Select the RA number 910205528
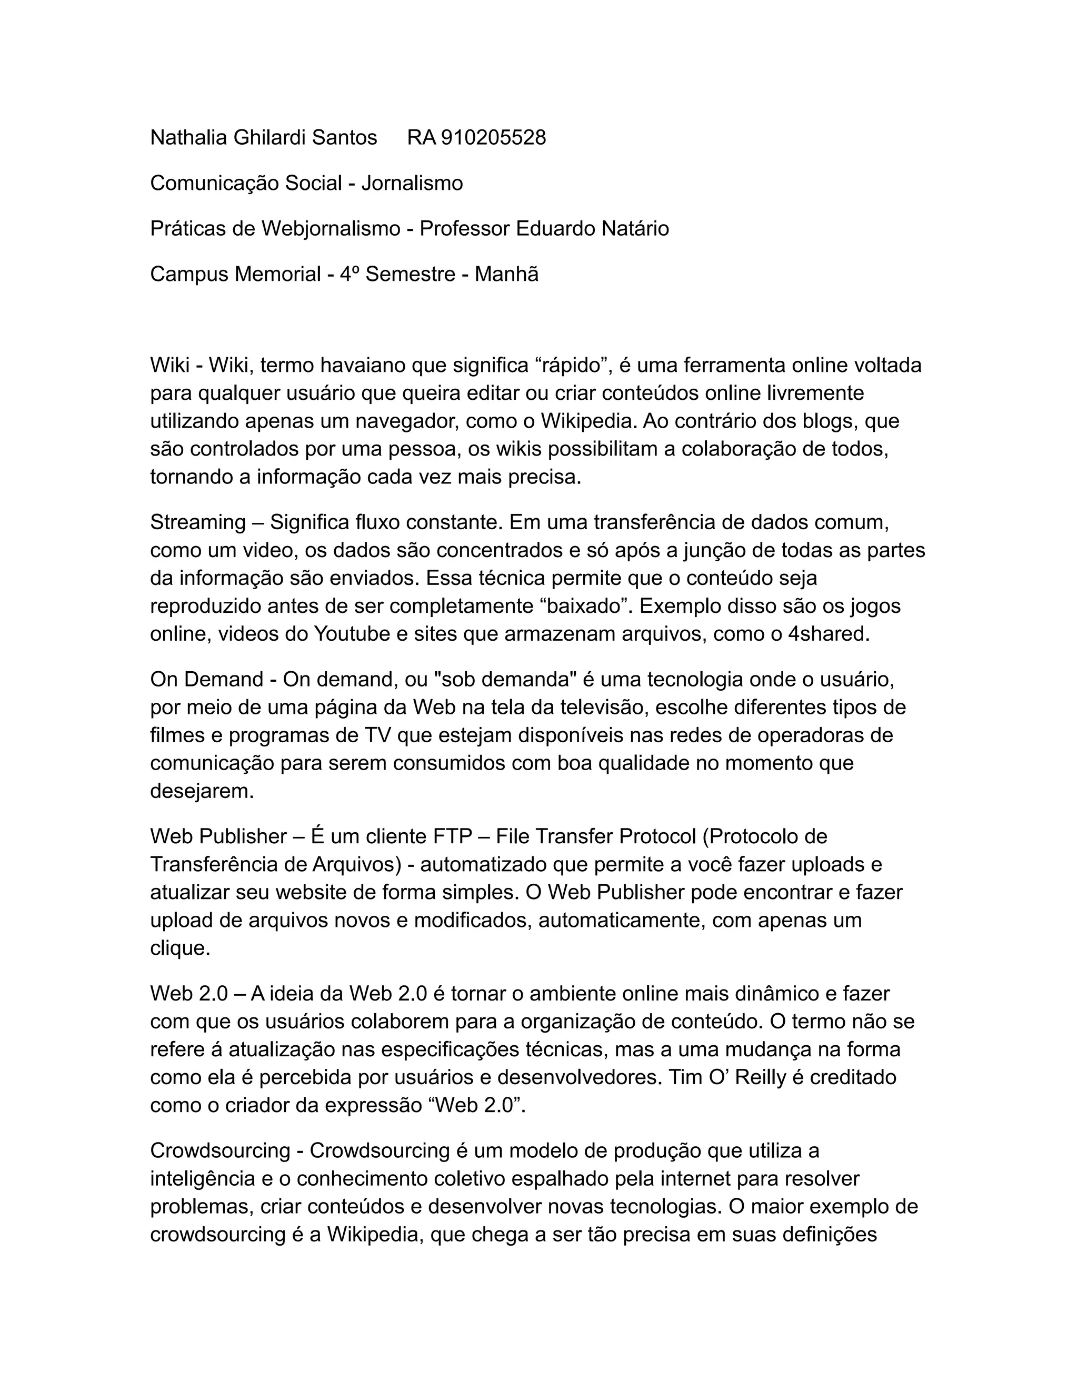493,137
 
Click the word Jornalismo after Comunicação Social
412,183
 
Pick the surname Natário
635,228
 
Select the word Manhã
506,275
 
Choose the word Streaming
198,522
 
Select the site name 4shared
829,634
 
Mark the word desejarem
202,791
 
